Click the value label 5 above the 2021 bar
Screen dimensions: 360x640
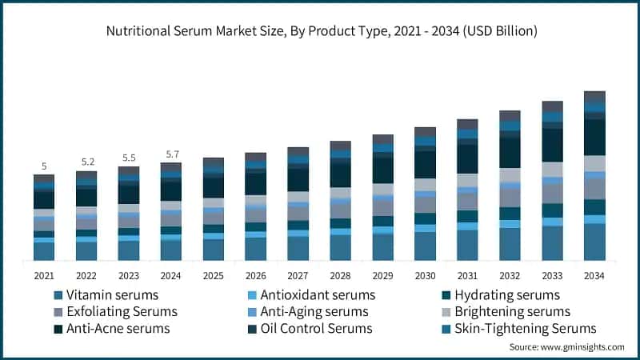point(44,166)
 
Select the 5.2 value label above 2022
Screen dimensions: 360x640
point(86,162)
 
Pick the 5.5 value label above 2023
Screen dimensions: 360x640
point(129,158)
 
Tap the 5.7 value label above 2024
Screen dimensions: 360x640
point(171,154)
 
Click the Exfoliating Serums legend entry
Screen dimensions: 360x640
point(120,311)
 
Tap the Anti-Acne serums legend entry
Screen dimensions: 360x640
point(117,329)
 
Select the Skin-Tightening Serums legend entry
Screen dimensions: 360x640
point(524,329)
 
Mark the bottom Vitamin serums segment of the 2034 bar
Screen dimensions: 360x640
point(594,242)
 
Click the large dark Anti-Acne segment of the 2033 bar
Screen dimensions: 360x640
point(552,145)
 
